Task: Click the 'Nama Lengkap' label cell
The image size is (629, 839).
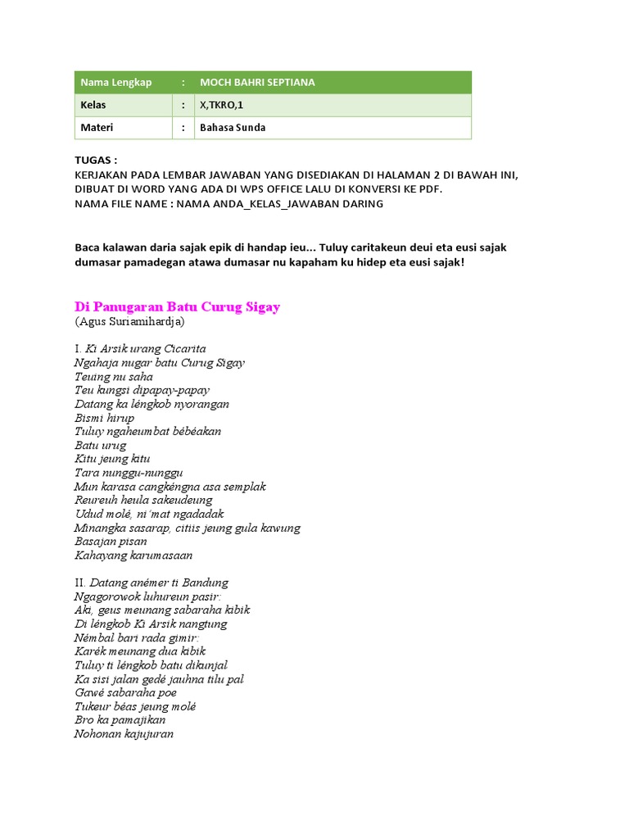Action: click(x=115, y=83)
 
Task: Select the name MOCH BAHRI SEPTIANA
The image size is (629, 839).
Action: click(x=257, y=83)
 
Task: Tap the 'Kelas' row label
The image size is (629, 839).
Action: click(x=93, y=106)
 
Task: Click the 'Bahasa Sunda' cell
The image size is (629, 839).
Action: click(x=233, y=128)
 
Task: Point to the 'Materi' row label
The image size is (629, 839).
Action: click(x=97, y=128)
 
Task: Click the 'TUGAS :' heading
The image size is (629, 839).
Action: click(x=96, y=160)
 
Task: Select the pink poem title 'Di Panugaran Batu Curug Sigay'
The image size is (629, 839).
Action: click(x=178, y=307)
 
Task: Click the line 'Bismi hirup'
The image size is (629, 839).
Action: click(x=104, y=418)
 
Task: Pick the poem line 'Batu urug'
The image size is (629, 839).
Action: click(x=101, y=445)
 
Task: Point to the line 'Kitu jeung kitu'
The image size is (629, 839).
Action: click(x=112, y=459)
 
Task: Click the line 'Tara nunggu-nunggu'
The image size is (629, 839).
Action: click(x=129, y=473)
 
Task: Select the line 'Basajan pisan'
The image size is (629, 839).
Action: click(x=111, y=542)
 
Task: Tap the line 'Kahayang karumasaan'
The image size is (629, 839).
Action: click(x=133, y=556)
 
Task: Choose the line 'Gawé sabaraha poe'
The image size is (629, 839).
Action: click(x=125, y=692)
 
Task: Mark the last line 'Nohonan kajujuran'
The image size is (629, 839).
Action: click(x=124, y=734)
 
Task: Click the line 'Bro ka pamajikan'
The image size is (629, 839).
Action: click(x=120, y=720)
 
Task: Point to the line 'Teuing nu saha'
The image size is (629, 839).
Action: click(x=114, y=376)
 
